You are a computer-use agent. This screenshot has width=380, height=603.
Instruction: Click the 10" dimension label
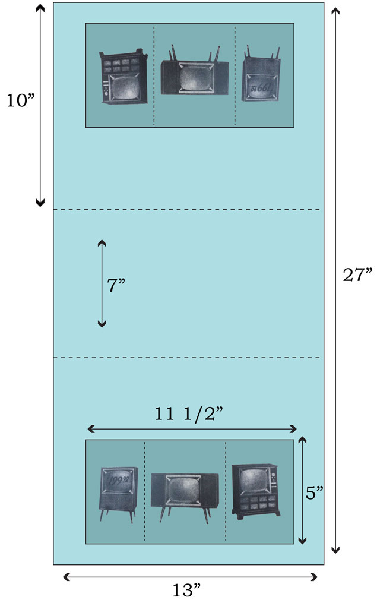(20, 100)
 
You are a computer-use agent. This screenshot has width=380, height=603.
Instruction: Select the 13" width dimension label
(186, 591)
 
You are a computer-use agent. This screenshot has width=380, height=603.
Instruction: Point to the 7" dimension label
(116, 285)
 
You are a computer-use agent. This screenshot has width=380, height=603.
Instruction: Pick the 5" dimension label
(315, 492)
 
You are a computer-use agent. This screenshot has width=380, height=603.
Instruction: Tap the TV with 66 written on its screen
(259, 81)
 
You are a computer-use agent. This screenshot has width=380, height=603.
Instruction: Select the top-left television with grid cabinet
(123, 78)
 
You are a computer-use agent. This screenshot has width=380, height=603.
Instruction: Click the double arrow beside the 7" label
(102, 283)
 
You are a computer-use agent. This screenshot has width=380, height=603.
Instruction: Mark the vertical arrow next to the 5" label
(302, 490)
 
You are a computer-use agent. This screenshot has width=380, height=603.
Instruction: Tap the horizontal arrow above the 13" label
(190, 576)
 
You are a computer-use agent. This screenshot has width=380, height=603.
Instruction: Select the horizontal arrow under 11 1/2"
(191, 429)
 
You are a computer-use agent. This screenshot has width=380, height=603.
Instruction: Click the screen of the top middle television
(194, 77)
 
